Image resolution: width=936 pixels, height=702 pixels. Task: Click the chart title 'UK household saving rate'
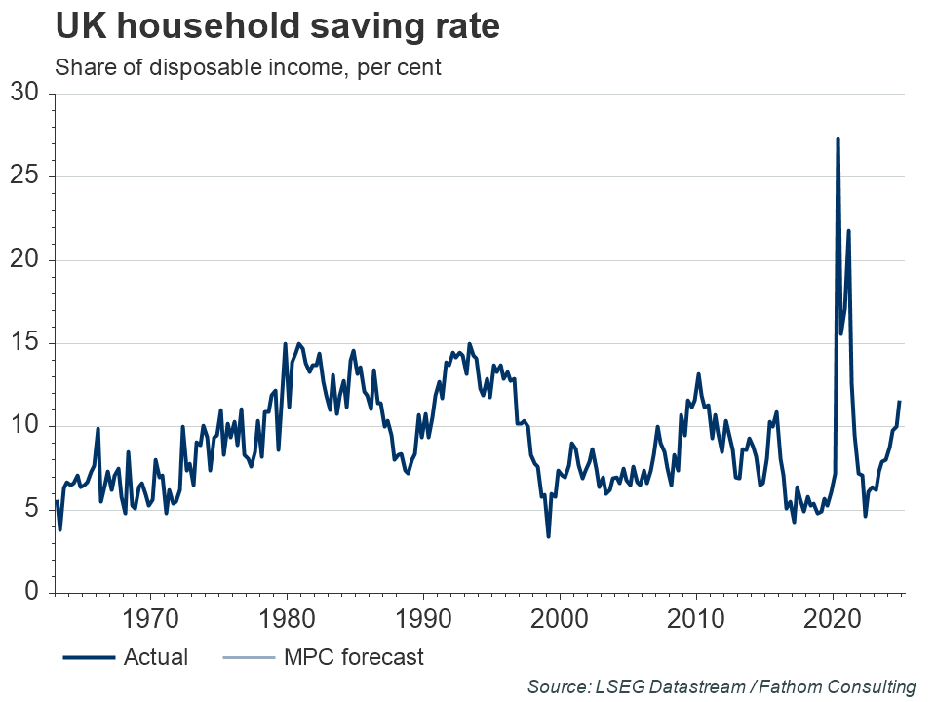(278, 26)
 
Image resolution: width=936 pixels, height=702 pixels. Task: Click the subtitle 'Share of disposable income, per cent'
(249, 69)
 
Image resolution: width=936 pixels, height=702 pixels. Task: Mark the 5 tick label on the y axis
(30, 510)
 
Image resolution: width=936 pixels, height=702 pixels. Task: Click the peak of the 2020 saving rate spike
(838, 139)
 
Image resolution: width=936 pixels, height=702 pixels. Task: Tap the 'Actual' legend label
(156, 657)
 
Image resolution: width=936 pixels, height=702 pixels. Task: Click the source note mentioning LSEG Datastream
(721, 686)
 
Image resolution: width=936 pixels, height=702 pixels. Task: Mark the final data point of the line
(899, 402)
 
